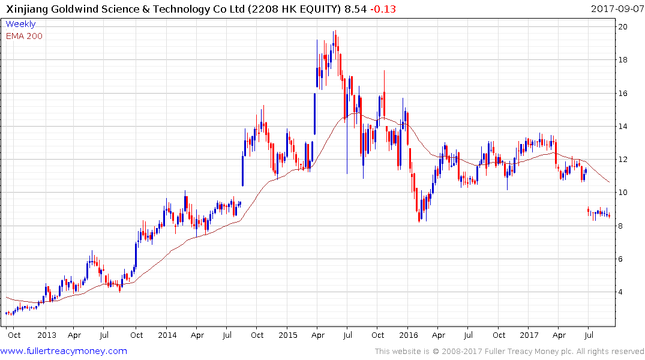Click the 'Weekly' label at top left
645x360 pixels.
click(21, 24)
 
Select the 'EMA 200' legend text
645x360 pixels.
click(25, 36)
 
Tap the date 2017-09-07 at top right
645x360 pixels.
click(616, 9)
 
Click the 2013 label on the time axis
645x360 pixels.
click(46, 335)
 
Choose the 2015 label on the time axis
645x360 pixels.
click(287, 335)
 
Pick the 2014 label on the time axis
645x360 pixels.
click(167, 335)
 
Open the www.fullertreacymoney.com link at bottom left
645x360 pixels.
click(64, 351)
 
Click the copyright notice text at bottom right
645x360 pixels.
click(509, 352)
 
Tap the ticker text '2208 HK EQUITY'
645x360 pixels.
click(288, 9)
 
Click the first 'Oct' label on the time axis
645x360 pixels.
click(13, 335)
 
